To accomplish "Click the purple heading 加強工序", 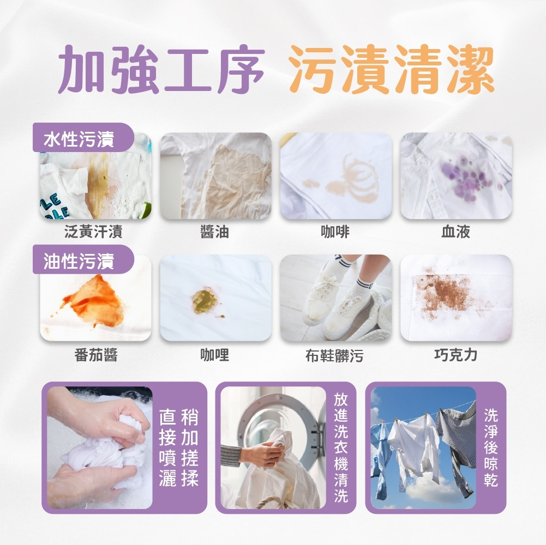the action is (161, 69).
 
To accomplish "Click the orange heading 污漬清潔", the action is (392, 69).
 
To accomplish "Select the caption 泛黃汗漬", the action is (93, 232).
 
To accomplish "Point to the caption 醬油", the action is (214, 232).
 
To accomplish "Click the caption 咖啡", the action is (335, 232).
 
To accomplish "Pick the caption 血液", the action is (456, 232).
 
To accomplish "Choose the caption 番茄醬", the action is (96, 355).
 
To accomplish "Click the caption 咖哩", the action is (214, 355).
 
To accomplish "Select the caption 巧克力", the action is (456, 355).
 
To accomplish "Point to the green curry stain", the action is (205, 301).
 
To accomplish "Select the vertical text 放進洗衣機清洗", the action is (341, 448).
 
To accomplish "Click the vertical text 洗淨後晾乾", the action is (491, 447).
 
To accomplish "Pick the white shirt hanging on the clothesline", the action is (415, 445).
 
